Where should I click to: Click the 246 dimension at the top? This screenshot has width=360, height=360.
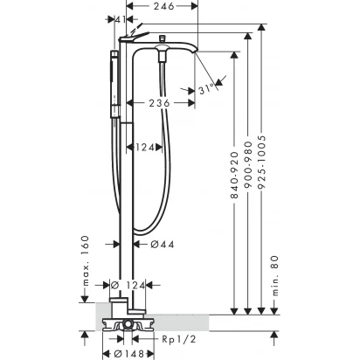point(164,6)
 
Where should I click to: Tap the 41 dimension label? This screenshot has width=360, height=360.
point(121,19)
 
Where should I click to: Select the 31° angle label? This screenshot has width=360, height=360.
point(207,89)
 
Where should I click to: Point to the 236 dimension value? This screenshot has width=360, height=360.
point(159,103)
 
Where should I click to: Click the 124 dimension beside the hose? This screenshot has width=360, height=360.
point(145,148)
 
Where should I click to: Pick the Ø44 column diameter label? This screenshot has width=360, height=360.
point(163,244)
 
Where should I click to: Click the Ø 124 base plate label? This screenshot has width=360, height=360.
point(128,286)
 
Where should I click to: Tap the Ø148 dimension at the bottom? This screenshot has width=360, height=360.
point(128,354)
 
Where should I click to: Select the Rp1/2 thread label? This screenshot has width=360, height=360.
point(179,339)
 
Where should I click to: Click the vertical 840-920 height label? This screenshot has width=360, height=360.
point(234,175)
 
